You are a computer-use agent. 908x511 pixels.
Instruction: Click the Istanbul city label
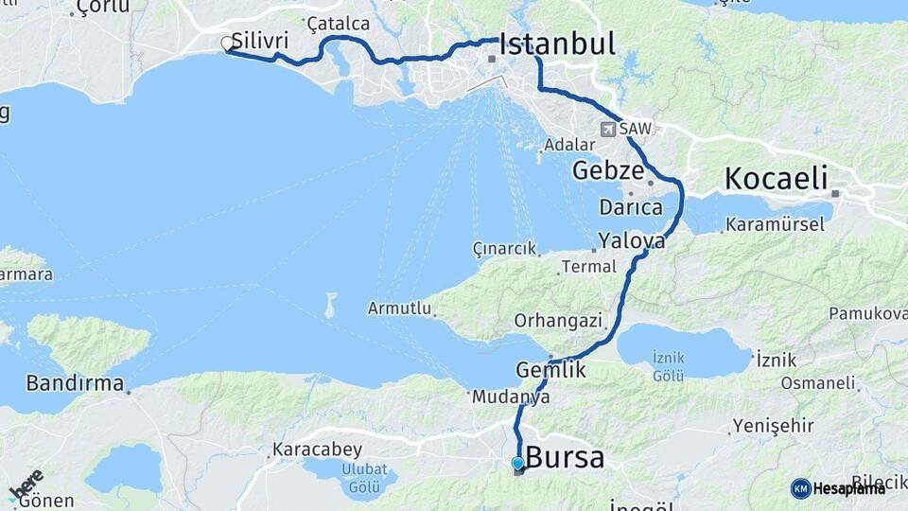pos(557,44)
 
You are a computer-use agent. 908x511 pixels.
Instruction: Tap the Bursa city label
pos(565,458)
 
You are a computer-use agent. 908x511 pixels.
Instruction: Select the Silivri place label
pos(259,41)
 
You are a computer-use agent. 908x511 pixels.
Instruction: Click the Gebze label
pos(607,171)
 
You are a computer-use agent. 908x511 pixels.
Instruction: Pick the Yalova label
pos(631,240)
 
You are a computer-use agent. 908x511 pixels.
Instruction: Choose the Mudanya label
pos(512,397)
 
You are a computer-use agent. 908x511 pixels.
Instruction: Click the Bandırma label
pos(75,383)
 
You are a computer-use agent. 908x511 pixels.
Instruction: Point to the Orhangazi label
pos(558,320)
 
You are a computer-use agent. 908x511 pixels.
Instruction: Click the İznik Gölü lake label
pos(668,366)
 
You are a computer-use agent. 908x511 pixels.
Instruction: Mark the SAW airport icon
pos(607,130)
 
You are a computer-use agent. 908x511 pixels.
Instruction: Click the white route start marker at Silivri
pos(227,44)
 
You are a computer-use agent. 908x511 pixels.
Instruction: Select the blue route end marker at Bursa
pos(518,463)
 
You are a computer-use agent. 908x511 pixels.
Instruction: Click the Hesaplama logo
pos(837,488)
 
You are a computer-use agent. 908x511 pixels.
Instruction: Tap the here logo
pos(26,485)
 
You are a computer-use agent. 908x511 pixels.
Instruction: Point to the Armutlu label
pos(399,308)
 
